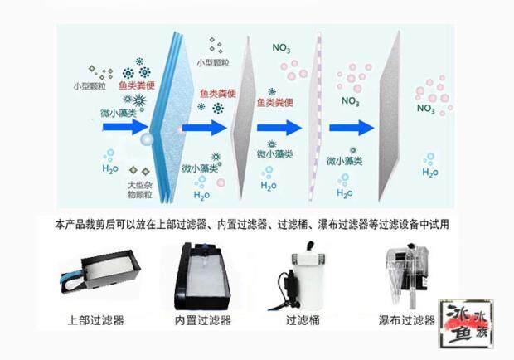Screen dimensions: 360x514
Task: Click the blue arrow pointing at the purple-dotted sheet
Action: click(279, 128)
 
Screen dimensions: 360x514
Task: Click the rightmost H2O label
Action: click(430, 173)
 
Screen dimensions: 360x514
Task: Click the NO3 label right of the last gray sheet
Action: click(426, 108)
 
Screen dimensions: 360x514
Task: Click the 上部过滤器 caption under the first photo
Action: click(96, 319)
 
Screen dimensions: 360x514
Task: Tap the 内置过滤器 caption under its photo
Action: click(203, 319)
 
